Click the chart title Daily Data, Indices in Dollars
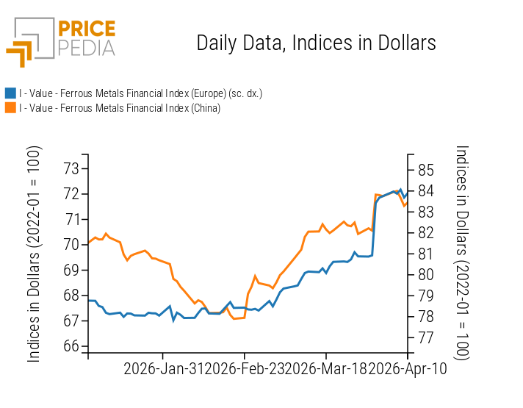[316, 43]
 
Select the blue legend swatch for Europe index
[10, 93]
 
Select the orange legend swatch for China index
[10, 107]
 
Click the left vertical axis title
[34, 254]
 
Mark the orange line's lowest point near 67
[235, 318]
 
